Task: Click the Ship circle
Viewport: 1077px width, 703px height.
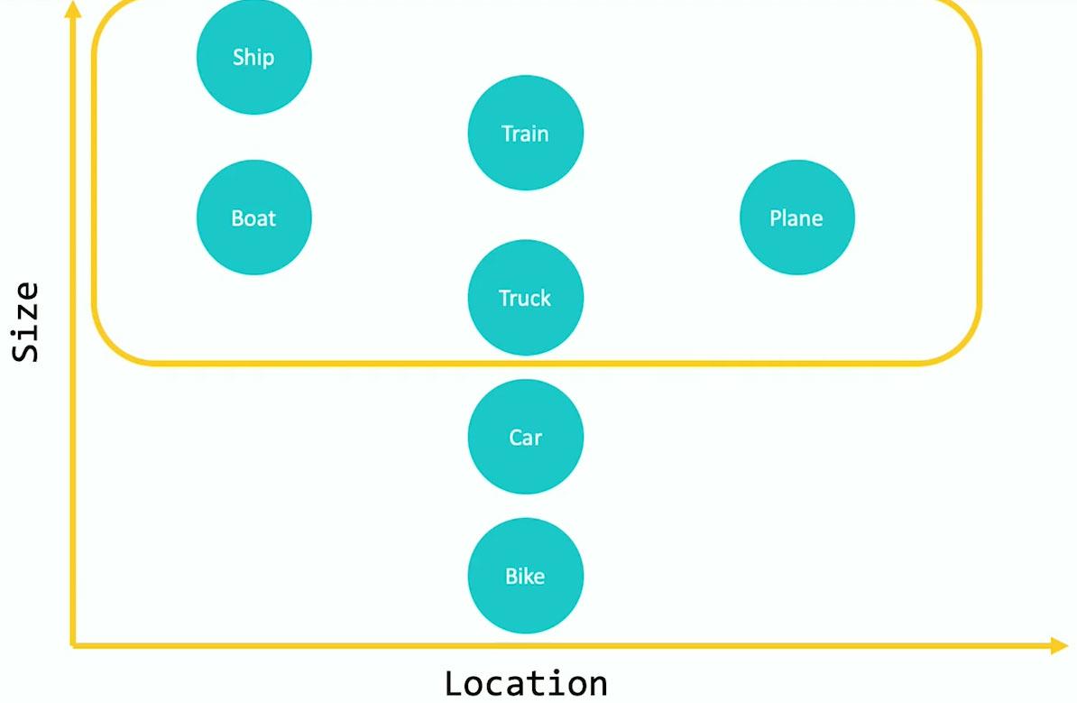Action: pos(253,57)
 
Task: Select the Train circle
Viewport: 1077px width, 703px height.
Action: pos(525,133)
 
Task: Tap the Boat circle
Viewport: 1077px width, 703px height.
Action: pos(253,217)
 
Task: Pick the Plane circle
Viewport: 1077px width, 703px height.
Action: pos(796,217)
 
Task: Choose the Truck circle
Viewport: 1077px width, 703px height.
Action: pos(525,297)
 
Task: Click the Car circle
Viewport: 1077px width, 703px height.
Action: pos(525,437)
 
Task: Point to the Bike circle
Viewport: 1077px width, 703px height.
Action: pos(525,576)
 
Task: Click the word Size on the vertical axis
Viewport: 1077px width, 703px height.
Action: pos(26,322)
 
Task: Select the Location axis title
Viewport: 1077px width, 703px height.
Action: pos(526,683)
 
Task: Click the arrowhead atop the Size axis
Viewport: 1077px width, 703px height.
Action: pos(73,9)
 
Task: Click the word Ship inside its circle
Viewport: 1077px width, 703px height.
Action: pos(253,57)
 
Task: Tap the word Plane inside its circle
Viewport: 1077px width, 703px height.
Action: pos(796,218)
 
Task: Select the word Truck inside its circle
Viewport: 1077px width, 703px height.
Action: pos(525,298)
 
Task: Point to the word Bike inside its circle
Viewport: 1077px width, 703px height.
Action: pos(525,576)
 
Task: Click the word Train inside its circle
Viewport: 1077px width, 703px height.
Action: pos(525,134)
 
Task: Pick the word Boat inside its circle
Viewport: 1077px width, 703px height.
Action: pos(253,218)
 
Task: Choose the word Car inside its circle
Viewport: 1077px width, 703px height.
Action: pos(525,438)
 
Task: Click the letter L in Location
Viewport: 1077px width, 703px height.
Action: pos(455,683)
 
